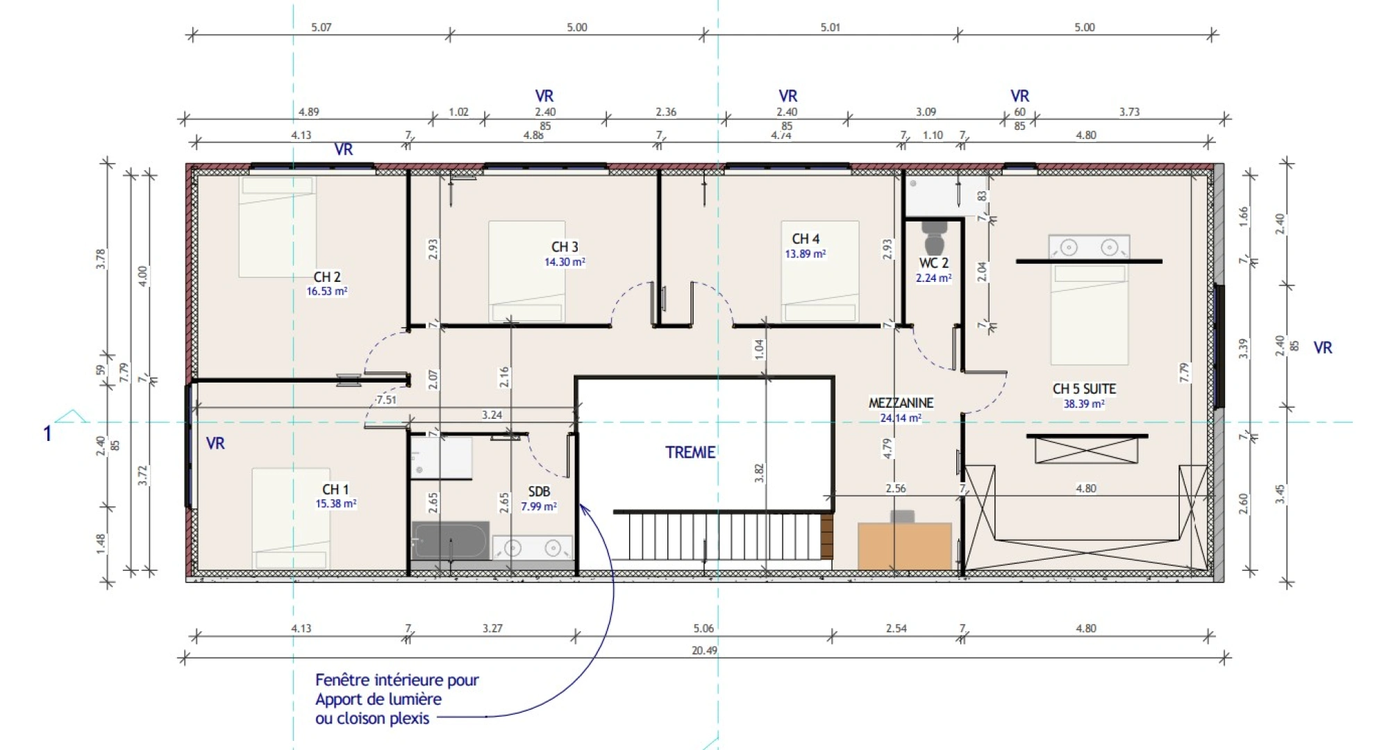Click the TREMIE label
click(x=690, y=452)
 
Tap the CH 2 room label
click(x=327, y=277)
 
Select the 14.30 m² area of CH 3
click(x=565, y=262)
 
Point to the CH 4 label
click(x=806, y=239)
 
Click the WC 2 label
click(x=934, y=263)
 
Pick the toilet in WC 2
click(x=934, y=237)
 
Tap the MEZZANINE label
click(x=901, y=403)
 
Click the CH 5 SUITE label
click(x=1084, y=389)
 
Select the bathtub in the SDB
click(x=450, y=540)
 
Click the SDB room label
click(x=539, y=492)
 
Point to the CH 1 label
click(x=336, y=490)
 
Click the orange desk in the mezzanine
click(x=905, y=546)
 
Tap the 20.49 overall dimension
click(x=704, y=651)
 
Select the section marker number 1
click(x=47, y=434)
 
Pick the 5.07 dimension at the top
click(x=321, y=27)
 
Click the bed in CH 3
click(x=527, y=272)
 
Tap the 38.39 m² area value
click(x=1084, y=403)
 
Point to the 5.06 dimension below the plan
click(x=703, y=628)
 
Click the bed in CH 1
click(x=291, y=518)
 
